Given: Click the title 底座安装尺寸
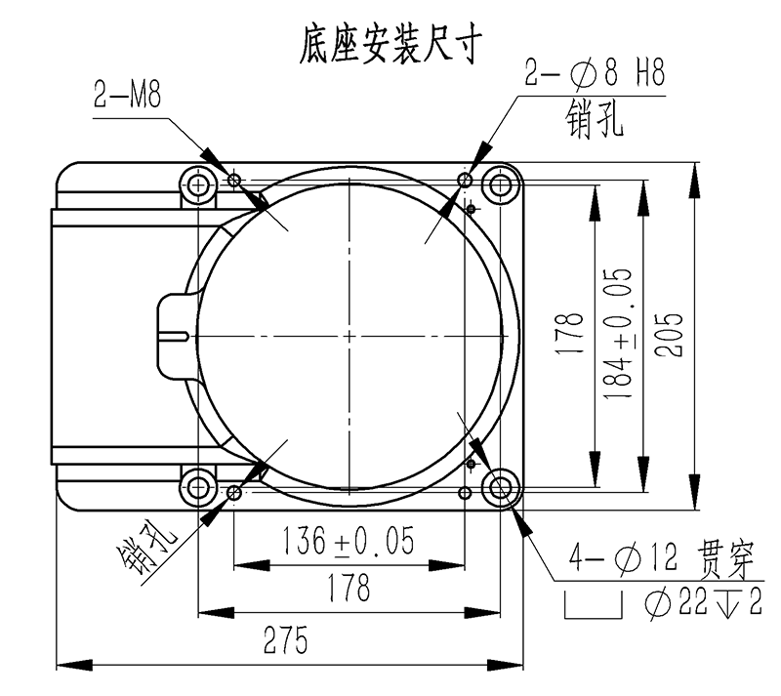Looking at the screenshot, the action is (390, 44).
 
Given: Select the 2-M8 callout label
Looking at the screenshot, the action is (128, 95).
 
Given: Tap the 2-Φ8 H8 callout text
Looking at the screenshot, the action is (596, 73).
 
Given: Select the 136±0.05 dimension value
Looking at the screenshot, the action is (349, 541).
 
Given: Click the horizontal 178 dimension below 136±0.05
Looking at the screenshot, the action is (349, 588).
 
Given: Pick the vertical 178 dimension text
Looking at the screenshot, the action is (570, 334).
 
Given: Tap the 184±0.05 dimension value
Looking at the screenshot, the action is (618, 334).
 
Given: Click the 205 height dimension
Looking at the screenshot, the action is (669, 335).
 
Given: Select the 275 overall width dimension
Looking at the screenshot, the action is (285, 640).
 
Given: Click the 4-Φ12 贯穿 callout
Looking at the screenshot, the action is (662, 559).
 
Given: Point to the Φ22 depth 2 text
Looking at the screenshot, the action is (703, 603).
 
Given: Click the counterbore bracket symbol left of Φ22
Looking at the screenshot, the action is (594, 604).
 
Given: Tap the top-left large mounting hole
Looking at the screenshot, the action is (198, 185).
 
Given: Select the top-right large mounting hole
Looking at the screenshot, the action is (500, 185).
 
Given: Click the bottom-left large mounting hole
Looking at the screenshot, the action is (198, 487).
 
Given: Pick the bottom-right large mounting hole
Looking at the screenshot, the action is (500, 487).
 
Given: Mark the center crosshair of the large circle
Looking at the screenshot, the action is (349, 337).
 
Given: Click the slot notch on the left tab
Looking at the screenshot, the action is (175, 336).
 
